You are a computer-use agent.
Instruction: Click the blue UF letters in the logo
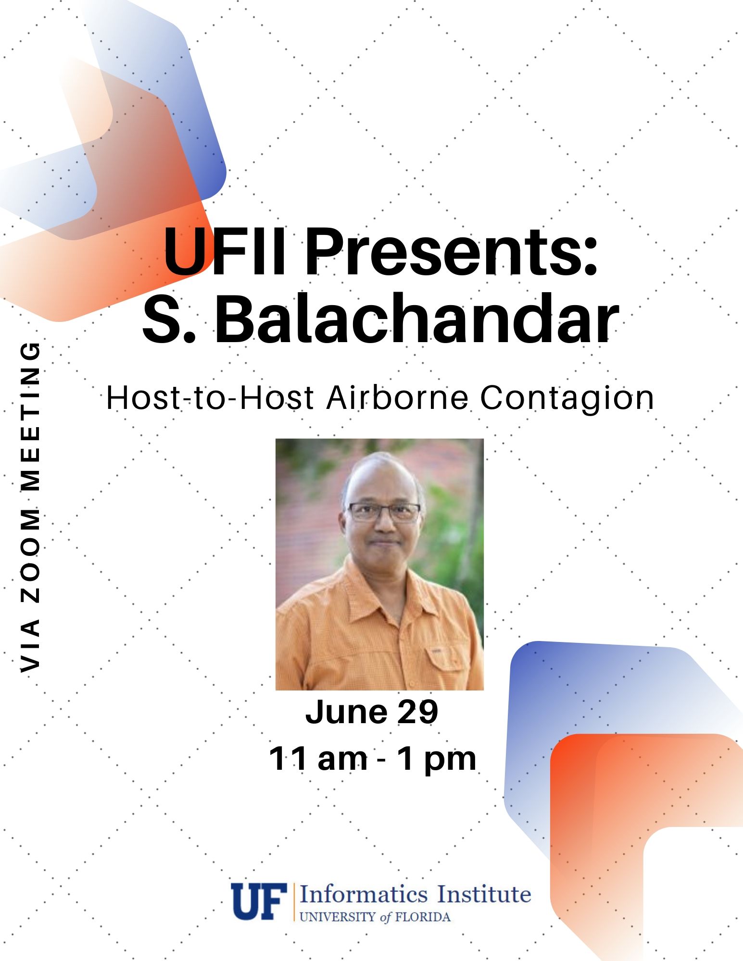259,901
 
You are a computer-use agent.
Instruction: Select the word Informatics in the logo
364,895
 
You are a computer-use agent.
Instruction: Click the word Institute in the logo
484,895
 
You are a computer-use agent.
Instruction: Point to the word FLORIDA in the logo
423,917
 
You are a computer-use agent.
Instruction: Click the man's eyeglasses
384,512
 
